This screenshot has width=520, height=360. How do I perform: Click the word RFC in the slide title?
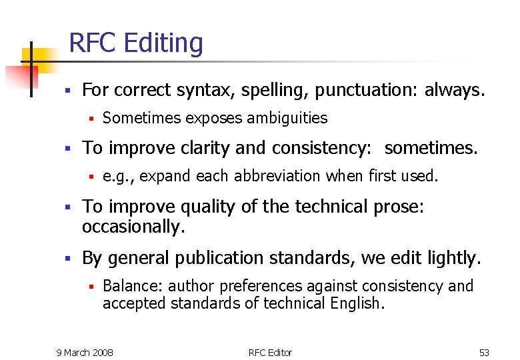pyautogui.click(x=94, y=43)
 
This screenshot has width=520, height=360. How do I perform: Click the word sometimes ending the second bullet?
pyautogui.click(x=431, y=147)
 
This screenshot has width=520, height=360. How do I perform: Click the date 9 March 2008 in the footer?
pyautogui.click(x=85, y=352)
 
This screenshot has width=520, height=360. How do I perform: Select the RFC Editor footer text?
pyautogui.click(x=270, y=352)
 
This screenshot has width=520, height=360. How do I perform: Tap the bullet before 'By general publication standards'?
pyautogui.click(x=67, y=258)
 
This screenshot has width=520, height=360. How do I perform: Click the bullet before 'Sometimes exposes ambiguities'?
pyautogui.click(x=89, y=119)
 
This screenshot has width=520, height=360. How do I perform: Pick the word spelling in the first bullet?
pyautogui.click(x=273, y=89)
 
